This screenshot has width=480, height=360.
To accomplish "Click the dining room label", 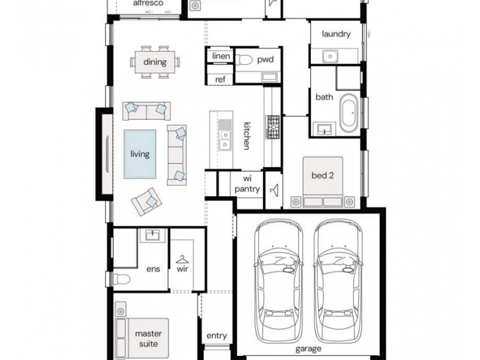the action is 155,62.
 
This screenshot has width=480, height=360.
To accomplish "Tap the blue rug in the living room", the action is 140,154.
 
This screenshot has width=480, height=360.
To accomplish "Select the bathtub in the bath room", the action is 349,113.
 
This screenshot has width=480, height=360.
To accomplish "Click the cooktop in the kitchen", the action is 272,127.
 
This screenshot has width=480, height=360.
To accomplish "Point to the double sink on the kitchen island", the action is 225,139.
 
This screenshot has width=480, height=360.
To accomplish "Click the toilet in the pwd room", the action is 244,59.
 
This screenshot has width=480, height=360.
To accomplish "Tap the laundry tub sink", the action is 330,56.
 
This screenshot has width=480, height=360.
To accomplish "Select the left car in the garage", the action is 278,281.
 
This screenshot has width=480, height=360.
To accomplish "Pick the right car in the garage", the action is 338,281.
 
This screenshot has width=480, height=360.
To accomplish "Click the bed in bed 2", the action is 323,182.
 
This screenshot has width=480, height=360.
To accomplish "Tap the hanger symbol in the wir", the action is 182,260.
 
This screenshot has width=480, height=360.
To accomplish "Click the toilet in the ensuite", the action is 122,279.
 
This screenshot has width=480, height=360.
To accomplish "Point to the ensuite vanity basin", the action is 152,235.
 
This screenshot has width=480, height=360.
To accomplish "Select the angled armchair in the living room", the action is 146,202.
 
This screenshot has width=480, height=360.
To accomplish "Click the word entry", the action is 217,336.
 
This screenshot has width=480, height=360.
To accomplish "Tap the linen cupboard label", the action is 221,56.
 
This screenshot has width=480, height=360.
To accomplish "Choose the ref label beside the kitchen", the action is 220,80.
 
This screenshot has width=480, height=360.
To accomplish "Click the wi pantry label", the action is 247,184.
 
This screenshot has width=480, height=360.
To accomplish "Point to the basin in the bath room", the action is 324,129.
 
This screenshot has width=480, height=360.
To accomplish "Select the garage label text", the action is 308,349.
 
